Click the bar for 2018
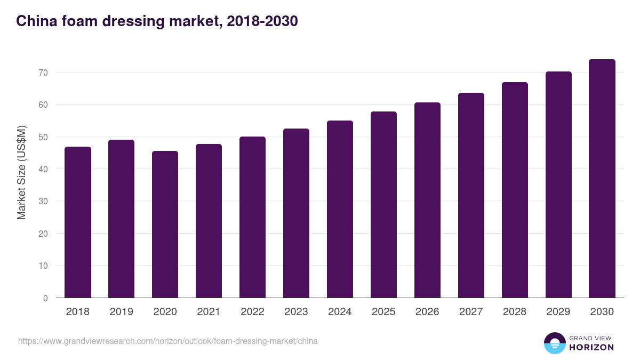click(78, 222)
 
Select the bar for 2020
click(165, 225)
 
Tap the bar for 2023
click(297, 213)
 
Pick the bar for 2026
click(428, 200)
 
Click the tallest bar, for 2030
click(602, 179)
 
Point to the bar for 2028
click(515, 190)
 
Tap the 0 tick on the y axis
click(45, 298)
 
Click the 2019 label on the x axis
click(122, 312)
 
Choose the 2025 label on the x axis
click(384, 312)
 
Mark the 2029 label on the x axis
click(558, 312)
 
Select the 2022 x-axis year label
click(253, 312)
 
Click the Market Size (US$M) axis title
click(21, 172)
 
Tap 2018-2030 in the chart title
click(262, 21)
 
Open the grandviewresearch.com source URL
click(168, 341)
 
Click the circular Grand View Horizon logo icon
click(555, 343)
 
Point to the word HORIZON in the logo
click(591, 347)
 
